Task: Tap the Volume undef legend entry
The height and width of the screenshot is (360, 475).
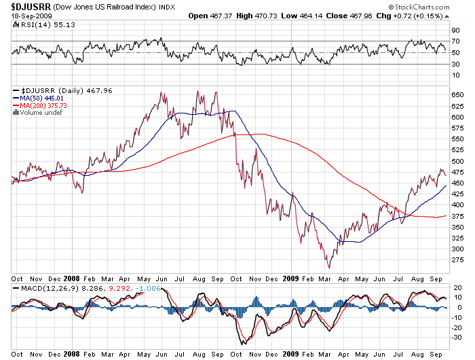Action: click(x=40, y=113)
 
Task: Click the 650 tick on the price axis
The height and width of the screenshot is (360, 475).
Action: click(x=457, y=95)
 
